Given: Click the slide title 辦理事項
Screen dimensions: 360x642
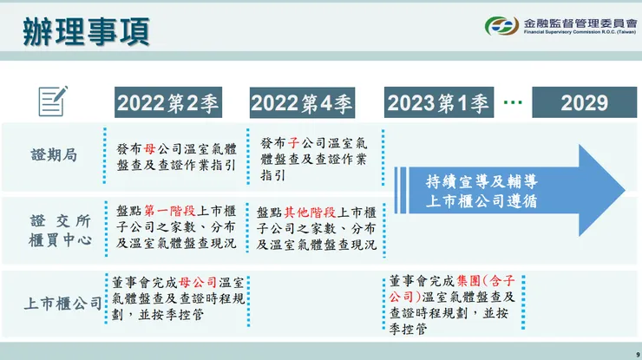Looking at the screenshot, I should [x=86, y=30].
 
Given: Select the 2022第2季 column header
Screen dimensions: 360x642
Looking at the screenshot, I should [x=168, y=103].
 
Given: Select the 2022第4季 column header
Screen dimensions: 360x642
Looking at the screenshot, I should [x=302, y=103].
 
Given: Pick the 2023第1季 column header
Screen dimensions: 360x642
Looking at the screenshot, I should [x=438, y=103].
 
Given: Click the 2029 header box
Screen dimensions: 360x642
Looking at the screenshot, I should [x=584, y=103].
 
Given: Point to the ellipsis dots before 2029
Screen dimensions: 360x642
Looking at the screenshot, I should [x=513, y=102].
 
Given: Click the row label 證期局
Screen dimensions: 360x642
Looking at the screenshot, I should [x=54, y=155].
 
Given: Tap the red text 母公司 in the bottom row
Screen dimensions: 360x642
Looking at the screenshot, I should [x=200, y=283].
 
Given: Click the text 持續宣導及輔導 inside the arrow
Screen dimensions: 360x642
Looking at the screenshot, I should [x=482, y=182].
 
